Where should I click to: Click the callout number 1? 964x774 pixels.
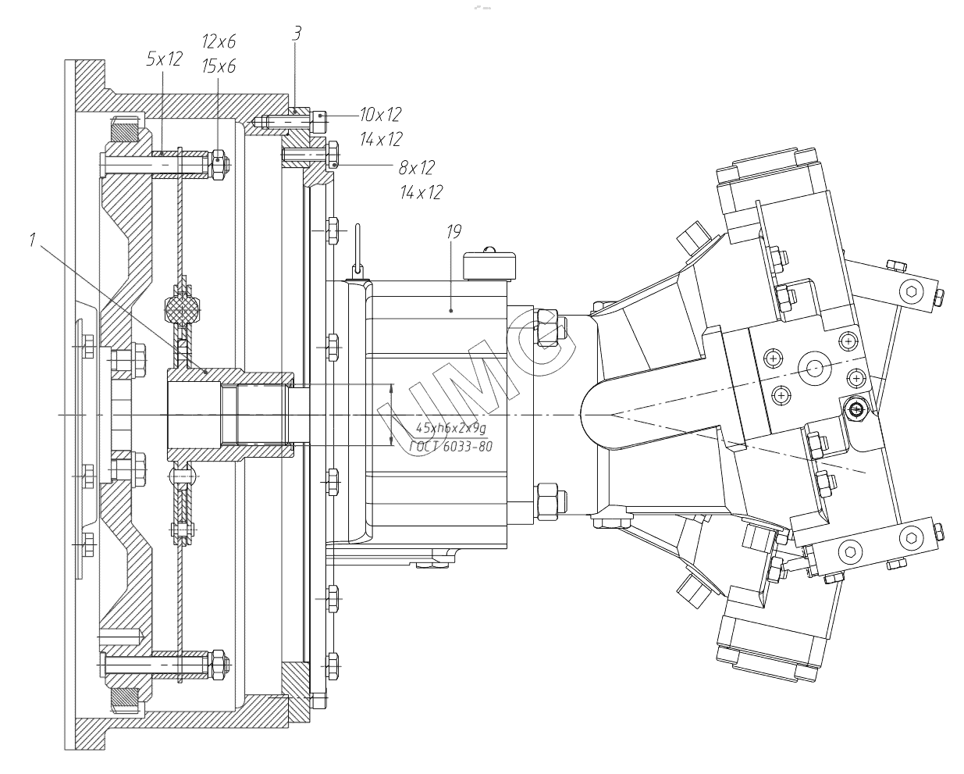click(x=32, y=241)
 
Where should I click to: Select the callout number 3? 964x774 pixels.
click(x=297, y=34)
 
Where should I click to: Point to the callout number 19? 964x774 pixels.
click(x=454, y=232)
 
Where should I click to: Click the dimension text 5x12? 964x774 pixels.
click(x=165, y=59)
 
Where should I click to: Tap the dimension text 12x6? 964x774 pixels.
click(x=219, y=41)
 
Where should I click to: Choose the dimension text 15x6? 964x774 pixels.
click(x=219, y=66)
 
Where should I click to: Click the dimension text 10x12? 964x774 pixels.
click(x=381, y=115)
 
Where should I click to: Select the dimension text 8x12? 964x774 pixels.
click(x=417, y=168)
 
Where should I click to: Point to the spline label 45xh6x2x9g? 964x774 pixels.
click(x=450, y=428)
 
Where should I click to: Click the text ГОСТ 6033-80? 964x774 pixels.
click(x=450, y=447)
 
